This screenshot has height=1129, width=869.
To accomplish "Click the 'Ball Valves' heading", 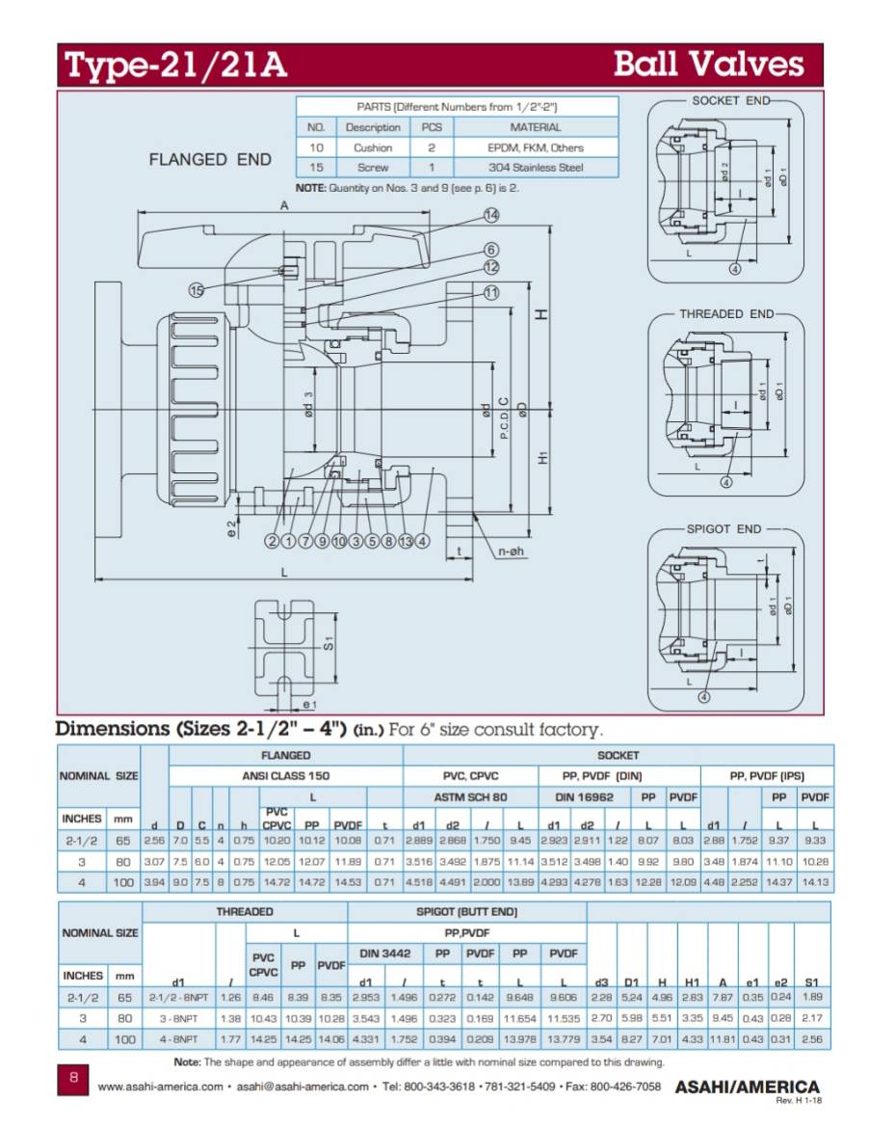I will [x=708, y=65].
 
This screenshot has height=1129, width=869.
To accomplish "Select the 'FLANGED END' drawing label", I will [x=210, y=160].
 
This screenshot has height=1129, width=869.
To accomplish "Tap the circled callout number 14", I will [x=491, y=214].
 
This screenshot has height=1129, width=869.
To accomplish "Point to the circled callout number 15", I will [x=197, y=289].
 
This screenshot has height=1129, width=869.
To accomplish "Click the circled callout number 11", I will [x=491, y=292].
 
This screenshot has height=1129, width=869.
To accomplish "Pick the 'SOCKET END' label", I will [x=729, y=100].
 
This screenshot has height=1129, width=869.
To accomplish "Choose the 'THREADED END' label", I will [x=726, y=314].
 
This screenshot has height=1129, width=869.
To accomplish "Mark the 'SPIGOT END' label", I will [x=723, y=529].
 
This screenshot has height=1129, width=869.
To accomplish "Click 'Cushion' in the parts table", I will [x=373, y=148].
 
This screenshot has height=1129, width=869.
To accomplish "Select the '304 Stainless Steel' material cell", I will [x=536, y=168].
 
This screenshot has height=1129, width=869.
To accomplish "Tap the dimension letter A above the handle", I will [x=284, y=205].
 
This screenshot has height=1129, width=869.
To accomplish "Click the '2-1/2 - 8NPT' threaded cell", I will [x=178, y=997].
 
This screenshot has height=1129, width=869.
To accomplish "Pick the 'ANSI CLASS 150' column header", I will [x=285, y=775].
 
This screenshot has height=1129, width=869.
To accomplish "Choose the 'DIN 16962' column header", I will [x=578, y=797].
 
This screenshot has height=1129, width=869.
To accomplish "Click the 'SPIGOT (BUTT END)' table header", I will [x=467, y=911].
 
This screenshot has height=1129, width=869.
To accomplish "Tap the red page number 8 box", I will [x=73, y=1078].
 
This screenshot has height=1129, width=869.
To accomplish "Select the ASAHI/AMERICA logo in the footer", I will [x=747, y=1087].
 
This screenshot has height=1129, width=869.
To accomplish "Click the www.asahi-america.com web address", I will [x=161, y=1087].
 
